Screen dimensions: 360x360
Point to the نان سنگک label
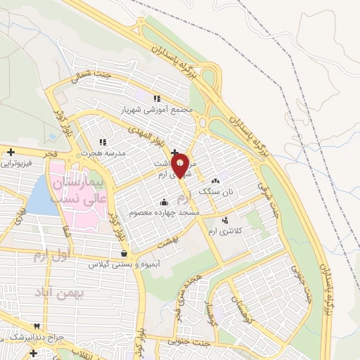(215, 191)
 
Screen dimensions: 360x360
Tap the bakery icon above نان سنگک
(215, 181)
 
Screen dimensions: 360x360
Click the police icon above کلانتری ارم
(225, 220)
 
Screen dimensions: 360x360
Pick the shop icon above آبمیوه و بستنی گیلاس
(124, 255)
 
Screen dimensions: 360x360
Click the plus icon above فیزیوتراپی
(11, 152)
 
